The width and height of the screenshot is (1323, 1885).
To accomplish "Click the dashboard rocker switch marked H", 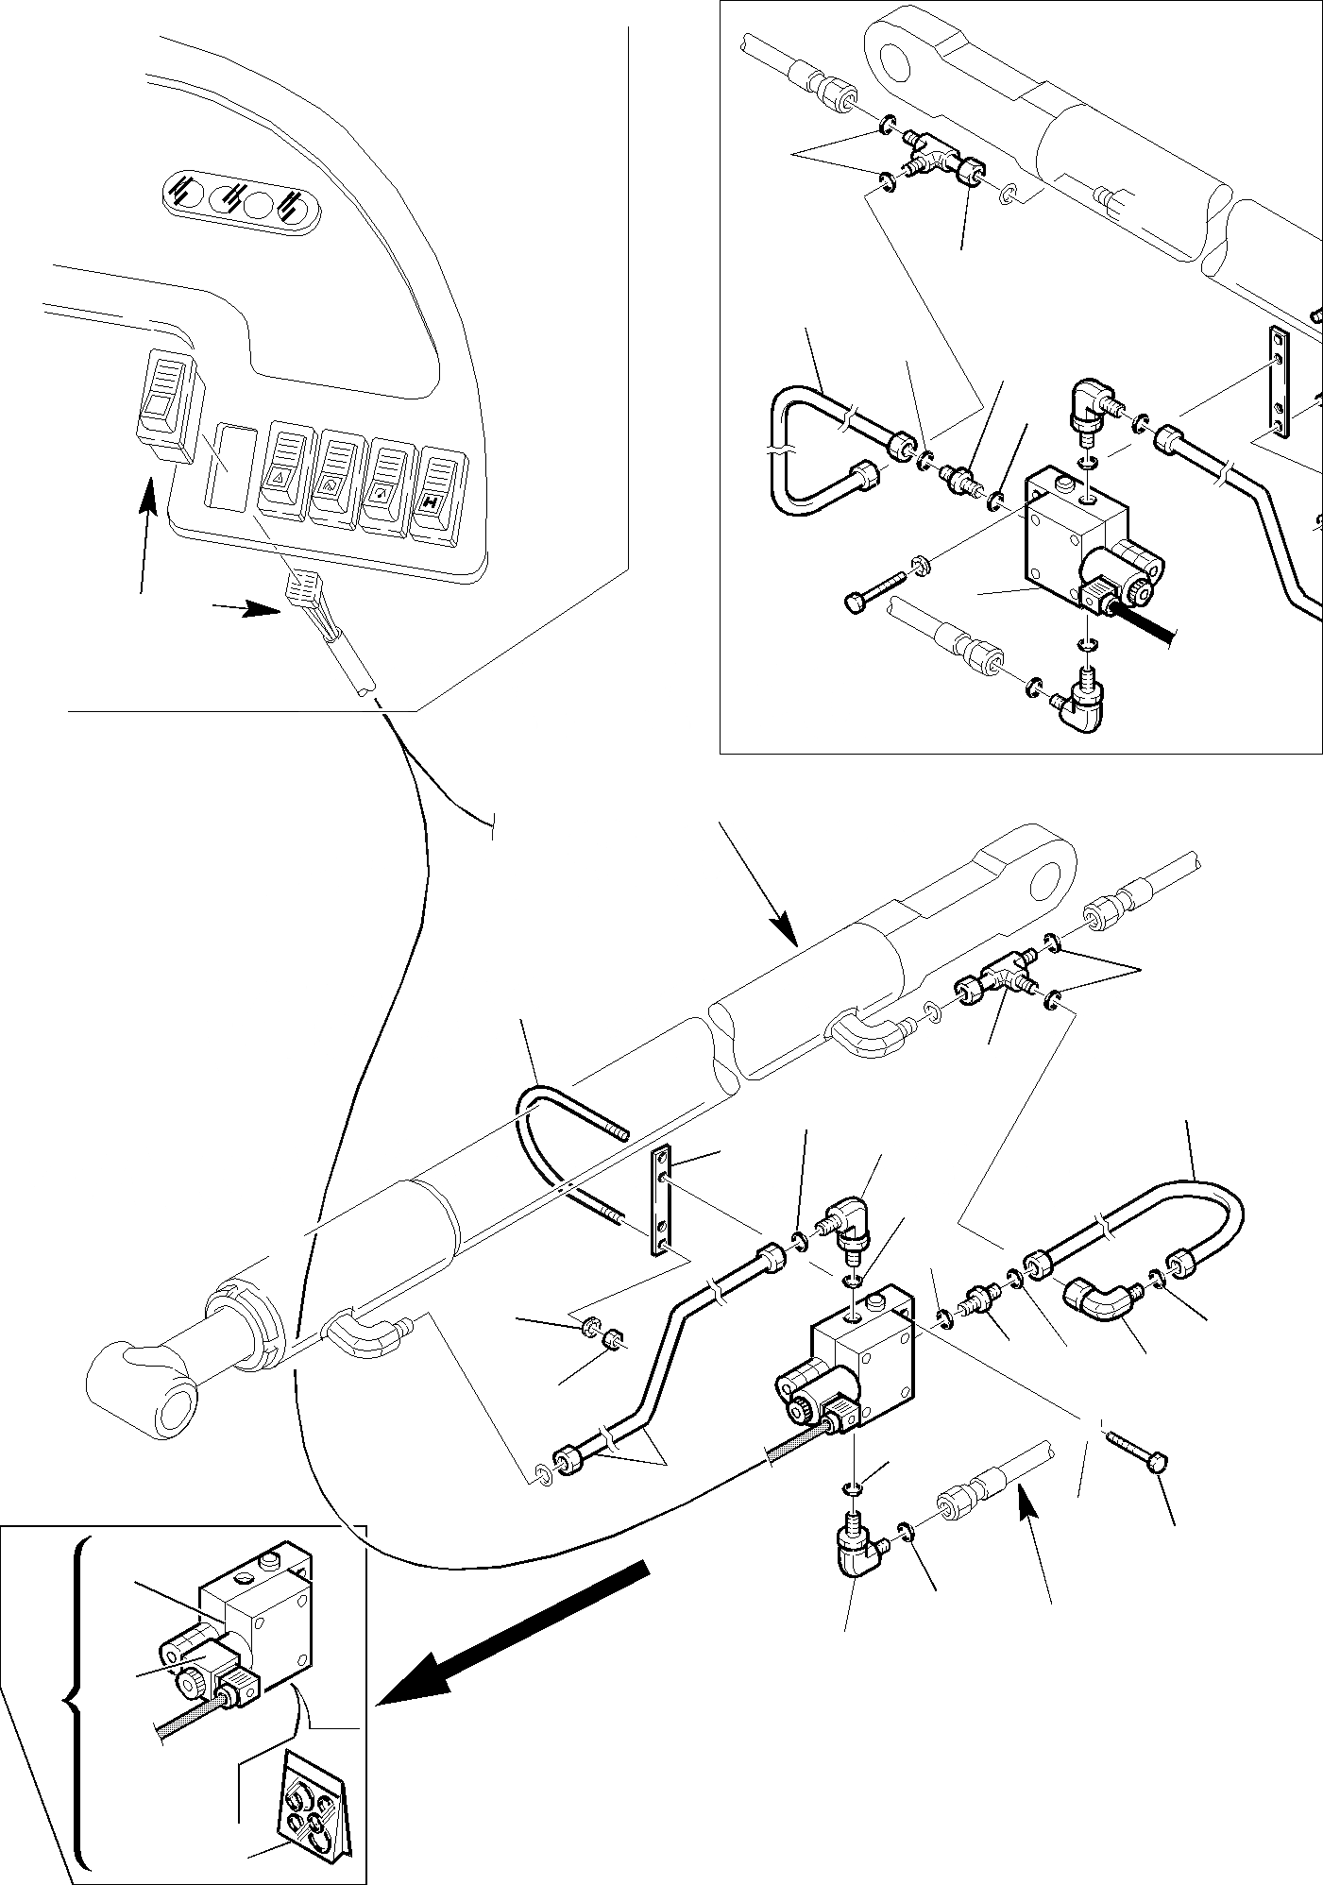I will [435, 495].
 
